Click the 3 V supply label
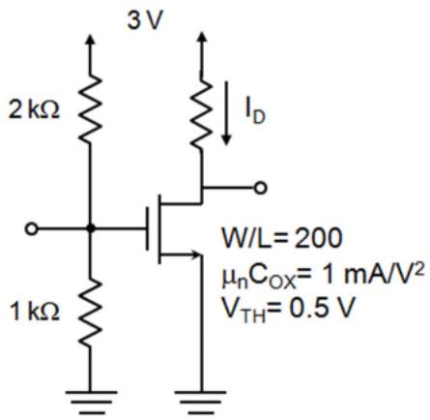145,20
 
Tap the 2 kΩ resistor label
34,110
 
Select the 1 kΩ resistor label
35,312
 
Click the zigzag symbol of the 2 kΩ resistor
90,108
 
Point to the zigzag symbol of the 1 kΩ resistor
90,312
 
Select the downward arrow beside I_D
227,113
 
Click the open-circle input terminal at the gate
31,229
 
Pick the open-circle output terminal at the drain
260,188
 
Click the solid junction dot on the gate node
91,228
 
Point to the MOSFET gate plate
147,228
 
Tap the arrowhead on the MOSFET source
196,255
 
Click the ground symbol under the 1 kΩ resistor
91,403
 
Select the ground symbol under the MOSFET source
201,403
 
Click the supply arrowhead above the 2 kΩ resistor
91,39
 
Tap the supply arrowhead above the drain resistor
201,38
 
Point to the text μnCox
258,278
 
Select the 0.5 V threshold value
322,308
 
